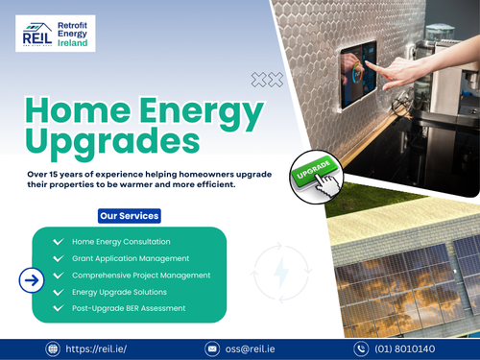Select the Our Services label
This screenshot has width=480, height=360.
130,216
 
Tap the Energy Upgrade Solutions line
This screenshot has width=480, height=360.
120,292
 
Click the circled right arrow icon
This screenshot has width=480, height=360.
33,280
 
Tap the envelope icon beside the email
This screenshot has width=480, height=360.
213,348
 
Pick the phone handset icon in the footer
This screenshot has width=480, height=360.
361,348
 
